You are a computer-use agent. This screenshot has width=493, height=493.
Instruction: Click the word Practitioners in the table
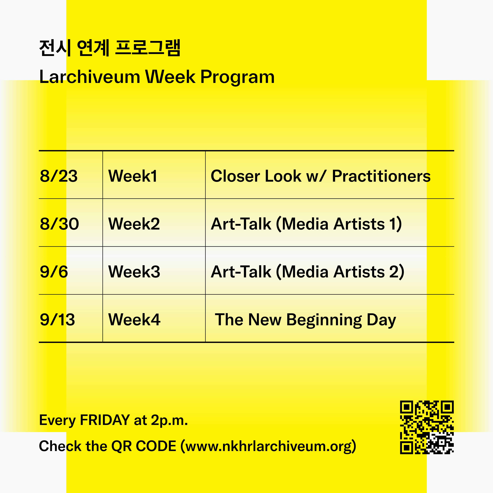coord(381,176)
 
